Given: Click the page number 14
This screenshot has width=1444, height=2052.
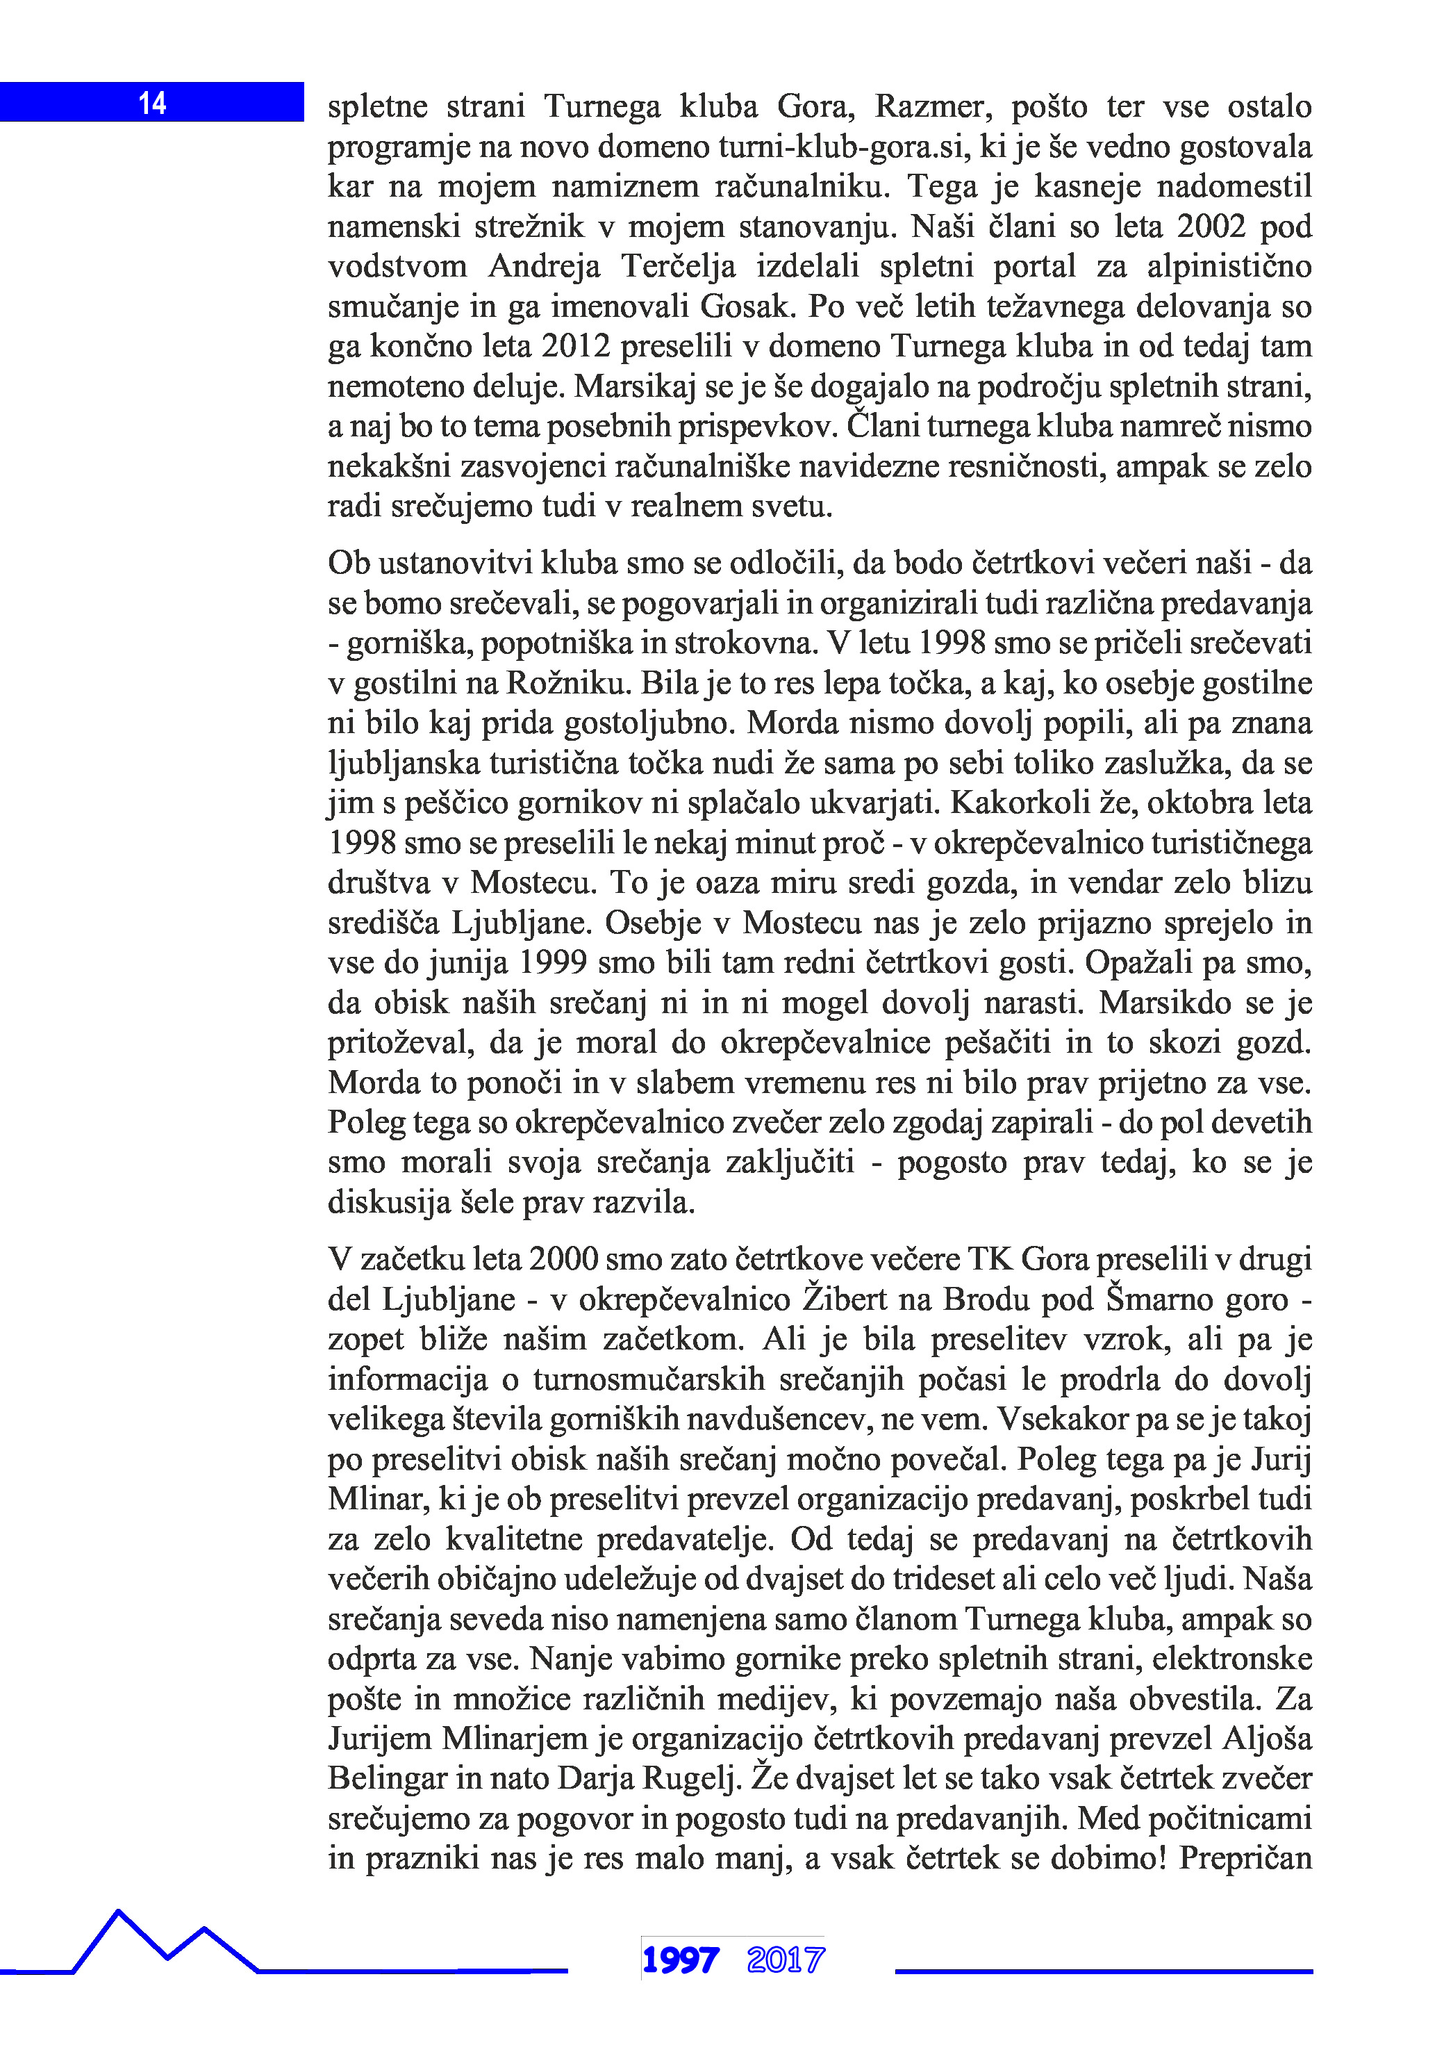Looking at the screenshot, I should [152, 104].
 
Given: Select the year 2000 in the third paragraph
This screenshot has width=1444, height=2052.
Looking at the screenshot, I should [563, 1259].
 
